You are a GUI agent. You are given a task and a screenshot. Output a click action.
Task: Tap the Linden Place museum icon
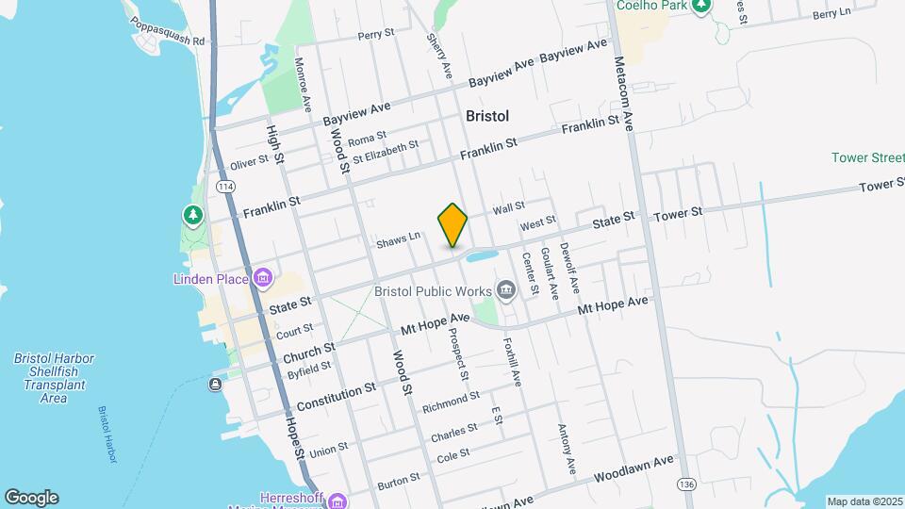[x=263, y=278]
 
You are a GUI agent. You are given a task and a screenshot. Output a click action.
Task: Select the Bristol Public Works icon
[x=506, y=288]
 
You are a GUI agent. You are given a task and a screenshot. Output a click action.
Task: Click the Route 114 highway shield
[x=224, y=187]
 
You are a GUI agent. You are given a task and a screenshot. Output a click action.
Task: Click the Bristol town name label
[x=487, y=116]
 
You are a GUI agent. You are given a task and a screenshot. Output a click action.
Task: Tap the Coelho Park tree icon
[x=700, y=7]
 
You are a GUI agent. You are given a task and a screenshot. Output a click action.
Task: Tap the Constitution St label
[x=336, y=396]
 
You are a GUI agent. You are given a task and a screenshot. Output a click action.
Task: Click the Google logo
[x=31, y=498]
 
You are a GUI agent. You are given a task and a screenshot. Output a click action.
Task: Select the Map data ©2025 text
[x=864, y=501]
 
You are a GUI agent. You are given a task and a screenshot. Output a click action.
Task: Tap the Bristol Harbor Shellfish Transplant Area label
[x=54, y=378]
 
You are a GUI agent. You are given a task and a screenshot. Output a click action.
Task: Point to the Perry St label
[x=375, y=35]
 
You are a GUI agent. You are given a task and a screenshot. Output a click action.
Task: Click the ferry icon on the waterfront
[x=216, y=384]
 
